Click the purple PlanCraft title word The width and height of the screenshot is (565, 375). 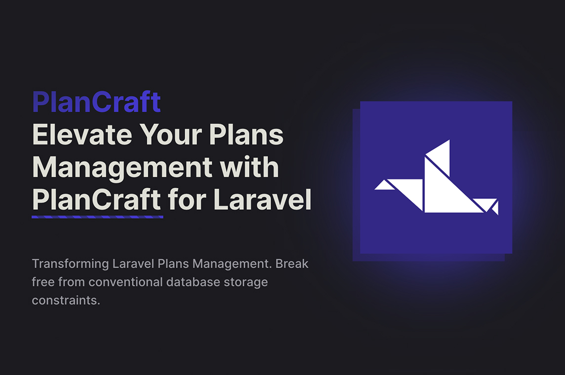tap(96, 102)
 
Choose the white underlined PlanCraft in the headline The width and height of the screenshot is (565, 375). tap(97, 200)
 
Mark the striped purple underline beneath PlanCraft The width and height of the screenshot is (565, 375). tap(97, 216)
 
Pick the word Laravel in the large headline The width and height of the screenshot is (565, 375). tap(262, 200)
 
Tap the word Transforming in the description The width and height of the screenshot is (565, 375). tap(63, 264)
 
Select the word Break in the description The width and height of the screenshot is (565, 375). tap(291, 264)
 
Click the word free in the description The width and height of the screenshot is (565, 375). tap(43, 282)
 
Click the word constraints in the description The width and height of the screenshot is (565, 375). tap(65, 300)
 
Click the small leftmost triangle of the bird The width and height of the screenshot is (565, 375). tap(384, 186)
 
